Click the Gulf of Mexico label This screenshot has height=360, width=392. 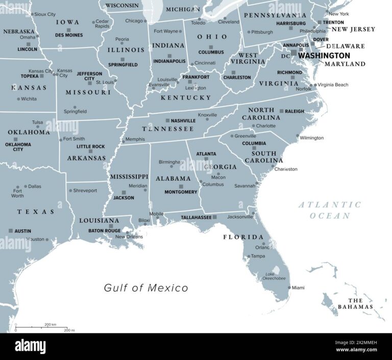(146, 288)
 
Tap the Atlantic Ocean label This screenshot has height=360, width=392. (330, 210)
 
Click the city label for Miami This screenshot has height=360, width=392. (298, 288)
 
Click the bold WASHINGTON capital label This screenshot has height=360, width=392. (324, 56)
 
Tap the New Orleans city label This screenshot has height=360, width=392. (129, 236)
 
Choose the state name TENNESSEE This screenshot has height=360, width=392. (168, 129)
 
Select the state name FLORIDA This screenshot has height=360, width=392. (243, 237)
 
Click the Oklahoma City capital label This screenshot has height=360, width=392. (18, 147)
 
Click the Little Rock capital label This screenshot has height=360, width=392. (91, 147)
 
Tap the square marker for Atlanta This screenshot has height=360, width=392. (206, 159)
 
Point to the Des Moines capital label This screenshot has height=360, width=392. (68, 35)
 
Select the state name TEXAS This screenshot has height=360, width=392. (36, 212)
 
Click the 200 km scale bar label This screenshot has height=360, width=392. (50, 325)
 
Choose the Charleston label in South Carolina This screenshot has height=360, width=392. (286, 169)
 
